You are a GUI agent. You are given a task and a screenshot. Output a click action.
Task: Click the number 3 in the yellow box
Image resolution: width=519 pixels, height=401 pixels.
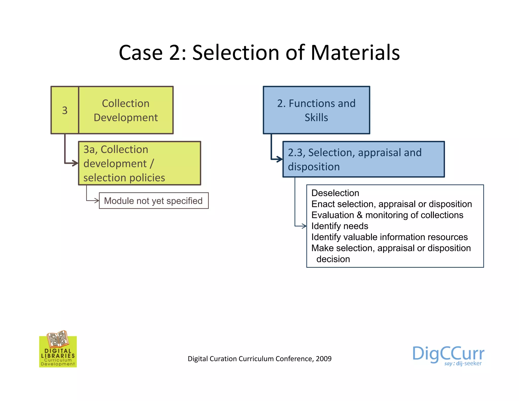tap(65, 110)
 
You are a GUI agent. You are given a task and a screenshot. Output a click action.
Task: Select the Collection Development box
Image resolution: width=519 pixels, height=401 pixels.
tap(126, 110)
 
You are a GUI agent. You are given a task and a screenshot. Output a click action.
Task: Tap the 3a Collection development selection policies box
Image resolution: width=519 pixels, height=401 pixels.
tap(139, 163)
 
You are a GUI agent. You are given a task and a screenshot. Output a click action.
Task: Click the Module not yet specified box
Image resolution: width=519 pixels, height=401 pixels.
tap(154, 201)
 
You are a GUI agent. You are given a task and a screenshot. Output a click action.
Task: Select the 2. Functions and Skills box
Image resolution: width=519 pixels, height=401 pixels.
tap(316, 110)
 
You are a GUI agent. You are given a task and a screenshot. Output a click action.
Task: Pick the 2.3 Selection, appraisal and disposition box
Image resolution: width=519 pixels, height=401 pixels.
tap(363, 159)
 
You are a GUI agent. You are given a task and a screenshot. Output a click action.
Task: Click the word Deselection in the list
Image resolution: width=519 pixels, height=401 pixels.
tap(335, 193)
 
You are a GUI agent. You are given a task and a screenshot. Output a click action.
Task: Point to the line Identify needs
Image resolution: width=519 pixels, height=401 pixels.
tap(340, 226)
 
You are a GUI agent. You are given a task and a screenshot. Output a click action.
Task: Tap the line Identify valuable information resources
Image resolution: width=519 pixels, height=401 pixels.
tap(389, 237)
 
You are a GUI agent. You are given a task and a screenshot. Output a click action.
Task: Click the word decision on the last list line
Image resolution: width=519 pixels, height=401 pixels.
tap(333, 259)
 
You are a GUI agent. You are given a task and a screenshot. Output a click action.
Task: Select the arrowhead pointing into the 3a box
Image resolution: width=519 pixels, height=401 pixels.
tap(75, 163)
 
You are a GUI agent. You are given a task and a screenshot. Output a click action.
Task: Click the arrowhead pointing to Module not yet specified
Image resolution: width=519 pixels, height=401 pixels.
tap(97, 201)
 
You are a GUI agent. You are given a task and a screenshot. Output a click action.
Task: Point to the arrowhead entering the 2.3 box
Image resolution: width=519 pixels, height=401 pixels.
tap(280, 159)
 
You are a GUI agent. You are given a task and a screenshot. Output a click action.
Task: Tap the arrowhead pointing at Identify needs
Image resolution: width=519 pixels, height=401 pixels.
tap(304, 226)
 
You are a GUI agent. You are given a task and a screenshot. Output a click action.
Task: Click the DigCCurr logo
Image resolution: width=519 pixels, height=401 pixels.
tap(448, 355)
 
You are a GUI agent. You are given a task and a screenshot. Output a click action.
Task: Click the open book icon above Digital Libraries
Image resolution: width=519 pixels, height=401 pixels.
tap(58, 339)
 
